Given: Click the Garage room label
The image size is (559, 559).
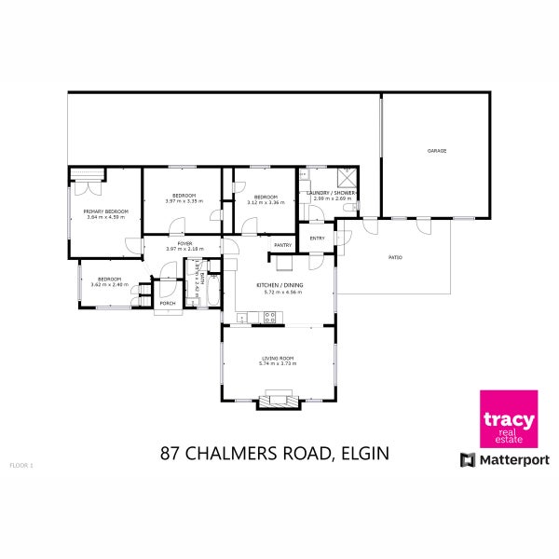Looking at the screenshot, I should tap(436, 150).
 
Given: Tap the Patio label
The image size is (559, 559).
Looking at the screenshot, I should tap(394, 257).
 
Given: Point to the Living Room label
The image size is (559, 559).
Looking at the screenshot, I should tap(278, 358).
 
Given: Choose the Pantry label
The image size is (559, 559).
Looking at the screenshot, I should tap(283, 246).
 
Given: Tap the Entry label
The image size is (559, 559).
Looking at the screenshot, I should tap(318, 239).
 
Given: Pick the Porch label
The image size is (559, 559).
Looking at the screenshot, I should tap(168, 304).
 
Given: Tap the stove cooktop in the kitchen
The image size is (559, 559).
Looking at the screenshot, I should tap(269, 317).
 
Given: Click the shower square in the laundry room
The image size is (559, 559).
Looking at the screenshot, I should tap(346, 175).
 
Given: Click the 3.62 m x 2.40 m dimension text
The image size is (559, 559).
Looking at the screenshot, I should tap(110, 285).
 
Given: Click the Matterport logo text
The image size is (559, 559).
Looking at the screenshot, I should tap(513, 459).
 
